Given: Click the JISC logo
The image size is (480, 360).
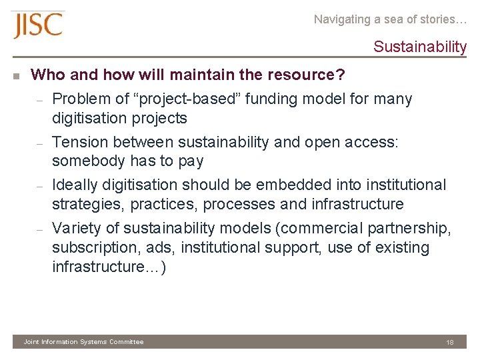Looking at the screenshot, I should click(38, 25).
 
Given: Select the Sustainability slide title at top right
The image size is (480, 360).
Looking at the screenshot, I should click(420, 47).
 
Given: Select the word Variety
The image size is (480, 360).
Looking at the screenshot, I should click(76, 228).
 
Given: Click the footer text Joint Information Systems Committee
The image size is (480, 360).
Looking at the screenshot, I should click(83, 342).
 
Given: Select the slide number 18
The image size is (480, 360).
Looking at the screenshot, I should click(450, 342).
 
